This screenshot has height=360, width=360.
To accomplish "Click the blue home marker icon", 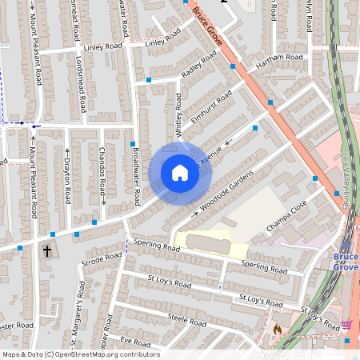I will coord(180,173).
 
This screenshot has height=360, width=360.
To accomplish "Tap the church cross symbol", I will coord(46,250).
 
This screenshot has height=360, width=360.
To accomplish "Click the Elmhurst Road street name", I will coord(212,107).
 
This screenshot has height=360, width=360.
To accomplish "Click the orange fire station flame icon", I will coord(277,329).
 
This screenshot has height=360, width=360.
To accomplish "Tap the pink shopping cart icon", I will coord(346,324).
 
